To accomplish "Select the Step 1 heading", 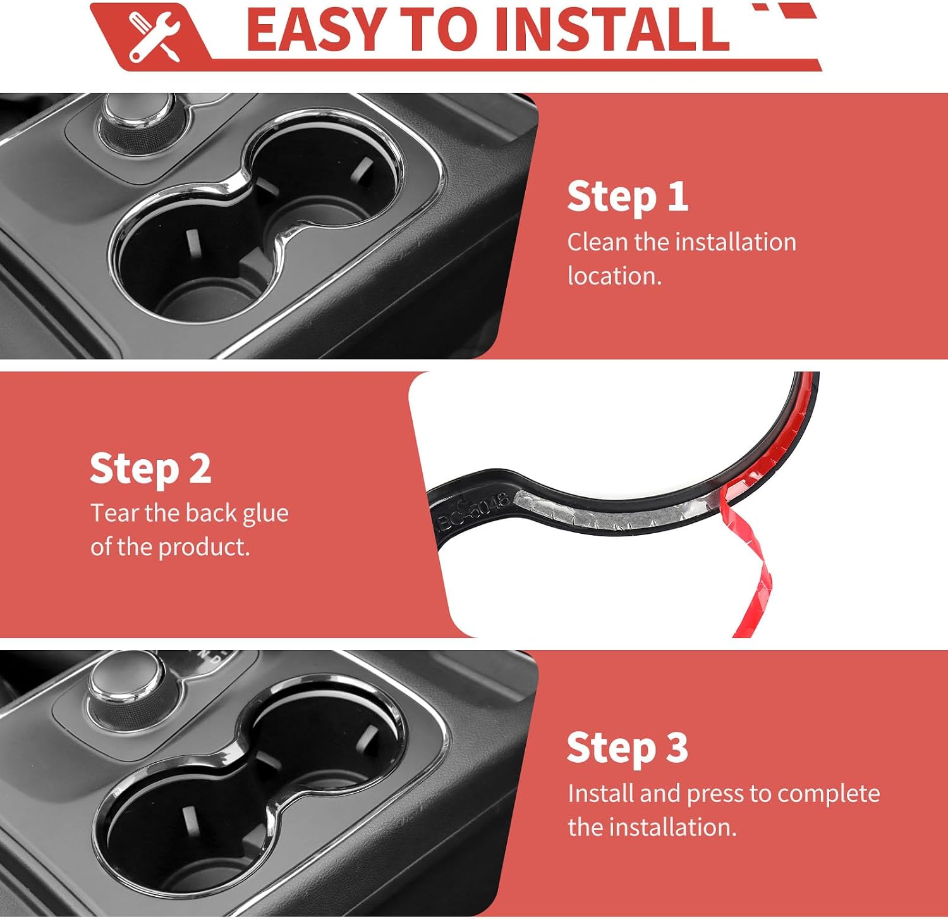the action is point(627,197).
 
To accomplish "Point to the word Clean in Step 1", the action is point(597,242).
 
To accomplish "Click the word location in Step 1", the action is point(614,276).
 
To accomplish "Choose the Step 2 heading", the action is point(150,469).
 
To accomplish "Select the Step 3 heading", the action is point(627,748).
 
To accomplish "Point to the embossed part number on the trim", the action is point(473,512).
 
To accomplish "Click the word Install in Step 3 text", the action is point(600,794).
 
